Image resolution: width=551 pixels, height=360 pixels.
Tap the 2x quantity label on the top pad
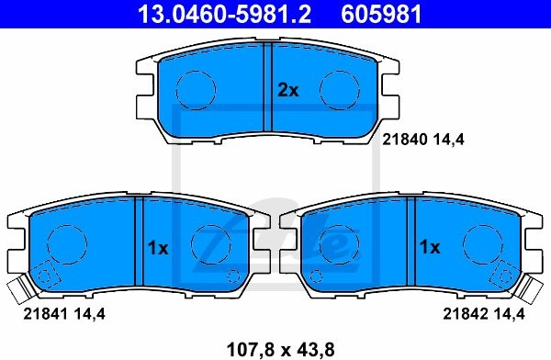[288, 90]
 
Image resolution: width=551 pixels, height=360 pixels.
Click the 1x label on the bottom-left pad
[159, 247]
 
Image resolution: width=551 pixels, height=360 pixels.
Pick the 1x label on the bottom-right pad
[429, 247]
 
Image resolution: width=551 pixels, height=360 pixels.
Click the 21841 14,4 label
[59, 314]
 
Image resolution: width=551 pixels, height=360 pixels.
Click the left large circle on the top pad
[195, 88]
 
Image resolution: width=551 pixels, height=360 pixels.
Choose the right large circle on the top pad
[336, 88]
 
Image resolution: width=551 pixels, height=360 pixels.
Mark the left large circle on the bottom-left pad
[64, 244]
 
